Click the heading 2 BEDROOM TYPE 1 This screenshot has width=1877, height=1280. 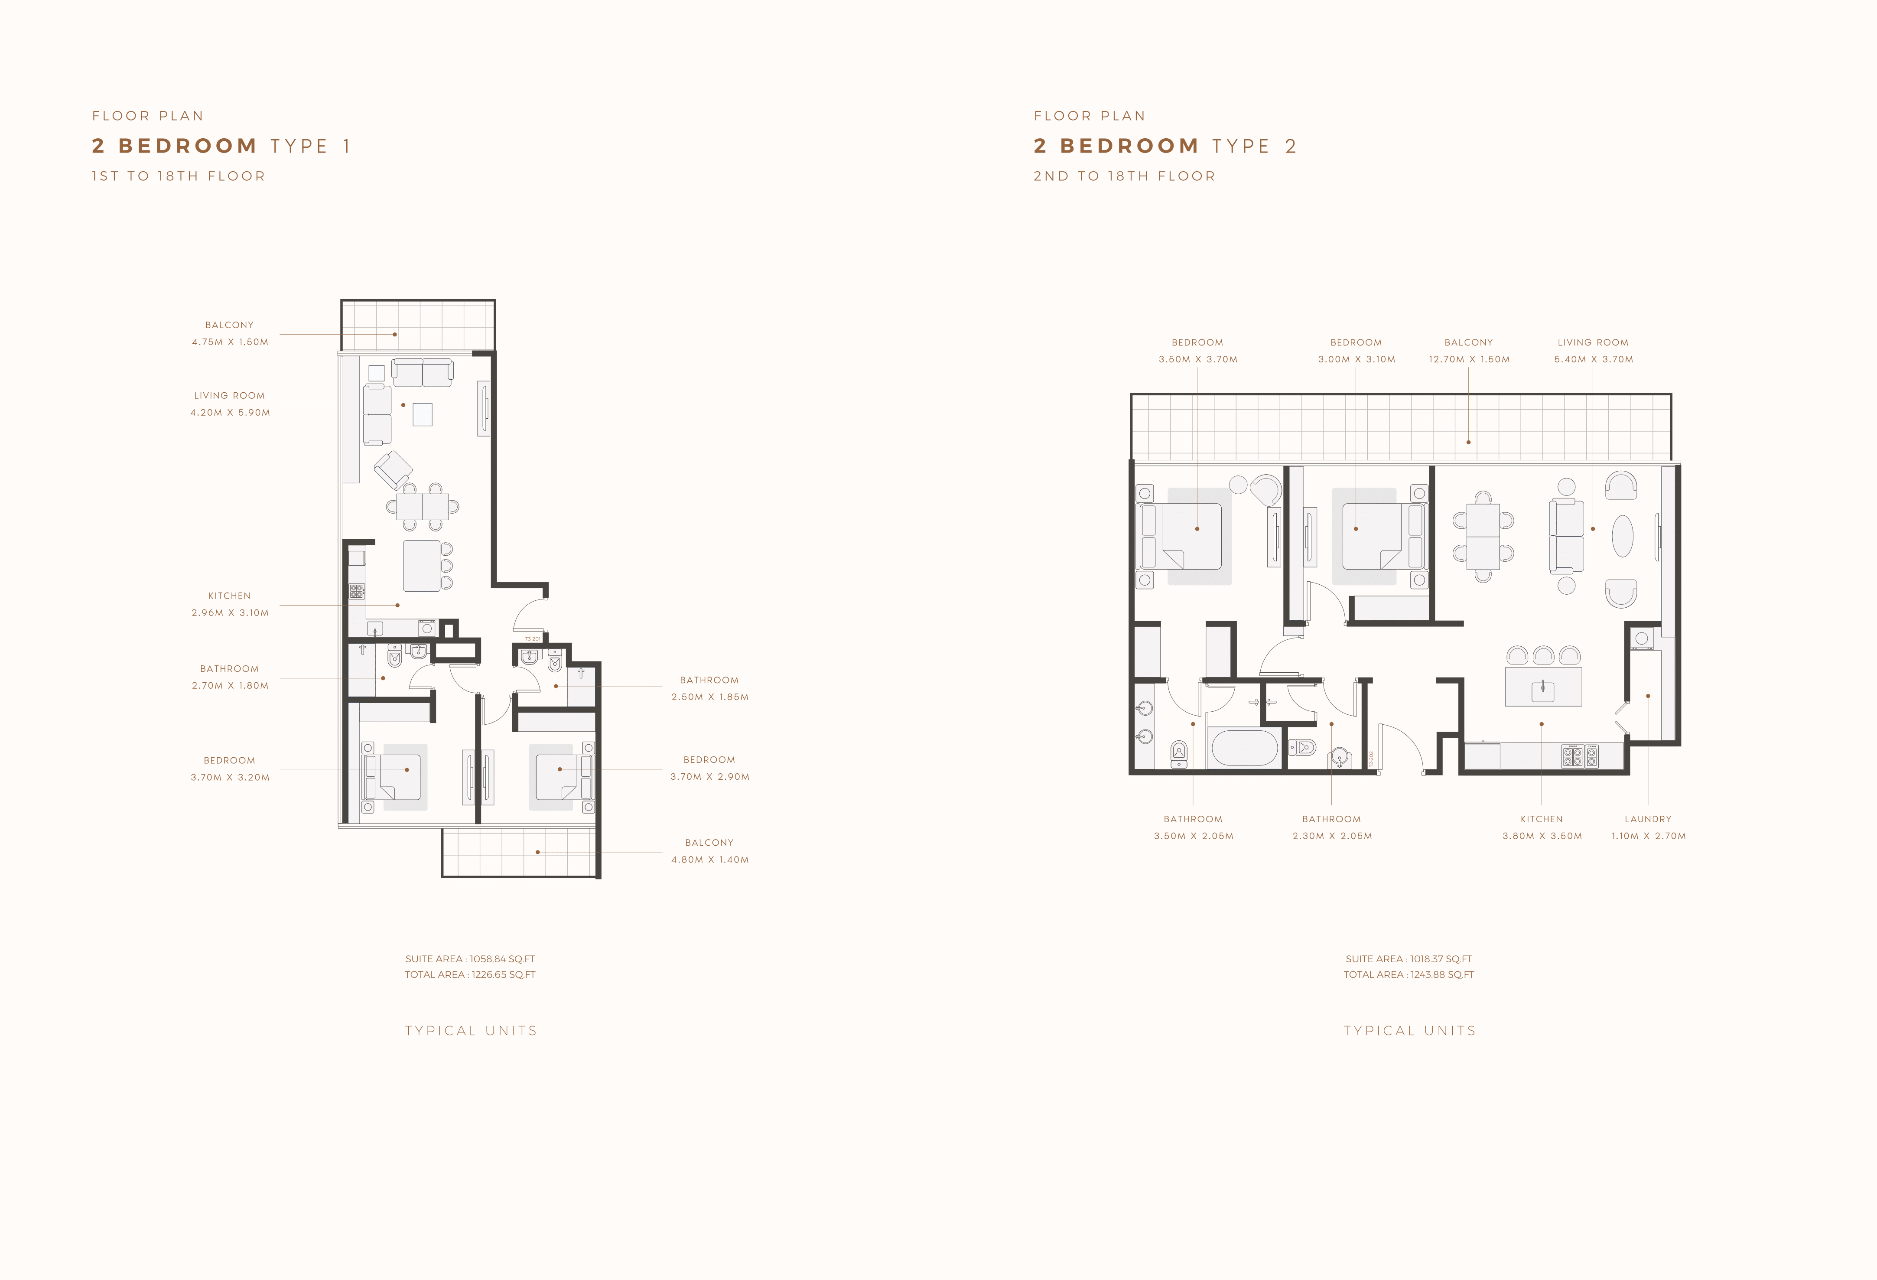(x=221, y=146)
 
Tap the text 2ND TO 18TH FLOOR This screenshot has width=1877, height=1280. (x=1124, y=176)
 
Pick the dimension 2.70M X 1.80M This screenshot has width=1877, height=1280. (x=230, y=686)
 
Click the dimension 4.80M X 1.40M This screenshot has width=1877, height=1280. (x=710, y=860)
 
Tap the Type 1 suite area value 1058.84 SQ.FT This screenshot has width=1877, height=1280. (x=502, y=959)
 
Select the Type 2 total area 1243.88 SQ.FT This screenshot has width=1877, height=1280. (x=1442, y=975)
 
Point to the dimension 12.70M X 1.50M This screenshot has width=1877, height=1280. (x=1469, y=359)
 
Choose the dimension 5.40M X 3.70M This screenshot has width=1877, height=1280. (x=1594, y=359)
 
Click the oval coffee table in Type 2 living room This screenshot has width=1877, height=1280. (x=1623, y=536)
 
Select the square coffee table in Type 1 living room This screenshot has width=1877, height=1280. (x=423, y=414)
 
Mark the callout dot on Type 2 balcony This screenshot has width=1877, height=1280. (x=1468, y=443)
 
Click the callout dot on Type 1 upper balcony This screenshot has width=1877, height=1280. (x=395, y=334)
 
